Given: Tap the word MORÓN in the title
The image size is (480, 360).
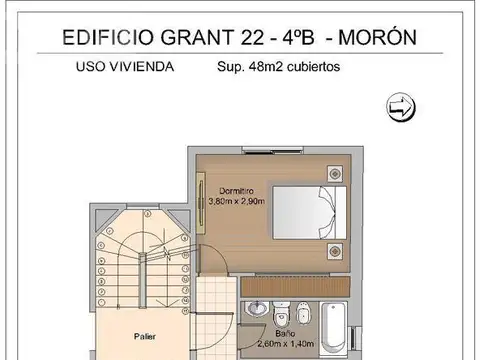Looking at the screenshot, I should pyautogui.click(x=379, y=37).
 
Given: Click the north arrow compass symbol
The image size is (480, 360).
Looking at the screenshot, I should pyautogui.click(x=399, y=107).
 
